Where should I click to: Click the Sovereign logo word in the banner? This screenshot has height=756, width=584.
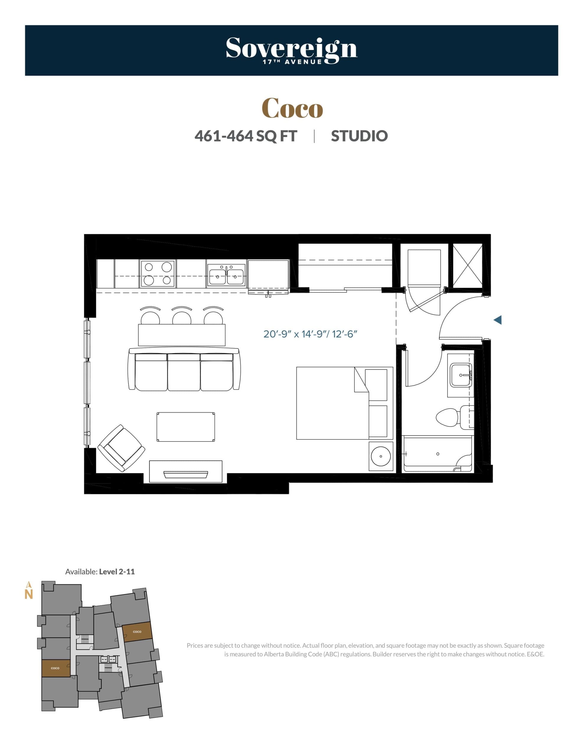click(x=291, y=48)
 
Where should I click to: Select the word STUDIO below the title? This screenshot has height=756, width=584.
click(x=359, y=136)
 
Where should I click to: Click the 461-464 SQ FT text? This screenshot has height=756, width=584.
click(x=245, y=136)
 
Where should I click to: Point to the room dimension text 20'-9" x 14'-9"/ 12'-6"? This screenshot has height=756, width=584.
click(x=310, y=334)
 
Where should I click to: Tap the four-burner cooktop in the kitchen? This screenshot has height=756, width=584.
click(x=157, y=273)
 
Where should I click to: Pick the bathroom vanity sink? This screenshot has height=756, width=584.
click(x=461, y=375)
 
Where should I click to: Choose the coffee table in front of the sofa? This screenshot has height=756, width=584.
click(x=185, y=427)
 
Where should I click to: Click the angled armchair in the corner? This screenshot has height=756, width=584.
click(x=121, y=448)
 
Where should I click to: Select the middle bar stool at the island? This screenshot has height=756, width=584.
click(x=182, y=317)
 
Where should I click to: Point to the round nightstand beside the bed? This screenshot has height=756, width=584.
click(x=381, y=456)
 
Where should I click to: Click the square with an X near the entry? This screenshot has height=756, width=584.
click(x=467, y=265)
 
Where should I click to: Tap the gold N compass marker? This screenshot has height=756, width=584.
click(x=29, y=594)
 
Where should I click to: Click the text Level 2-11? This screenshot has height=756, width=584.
click(x=117, y=571)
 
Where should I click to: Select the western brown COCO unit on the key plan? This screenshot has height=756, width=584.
click(x=56, y=668)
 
